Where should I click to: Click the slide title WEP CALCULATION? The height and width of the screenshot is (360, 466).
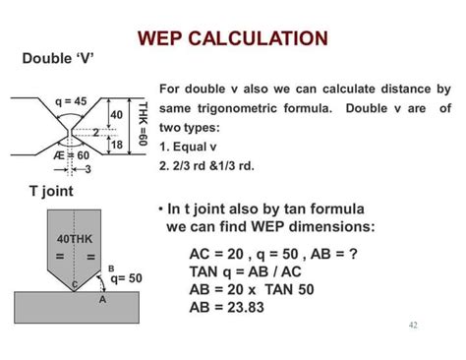(232, 38)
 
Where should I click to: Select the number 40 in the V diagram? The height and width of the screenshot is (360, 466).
(115, 116)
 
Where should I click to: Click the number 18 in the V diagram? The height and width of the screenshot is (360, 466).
(116, 145)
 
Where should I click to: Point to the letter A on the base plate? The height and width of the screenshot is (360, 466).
(101, 300)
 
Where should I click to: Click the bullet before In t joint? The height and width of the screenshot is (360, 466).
(160, 210)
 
